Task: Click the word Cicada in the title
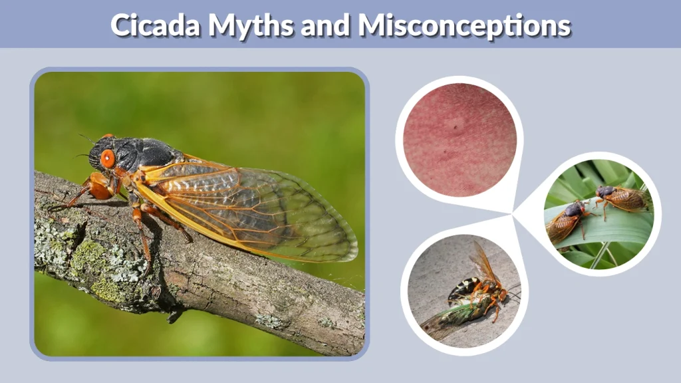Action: click(156, 26)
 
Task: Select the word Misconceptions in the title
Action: click(464, 26)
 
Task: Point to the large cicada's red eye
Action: click(108, 159)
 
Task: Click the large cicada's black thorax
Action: click(150, 153)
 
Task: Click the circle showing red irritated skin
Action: click(460, 139)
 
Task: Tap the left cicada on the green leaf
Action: click(565, 223)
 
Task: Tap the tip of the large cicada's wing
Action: click(352, 253)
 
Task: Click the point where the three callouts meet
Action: click(513, 214)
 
